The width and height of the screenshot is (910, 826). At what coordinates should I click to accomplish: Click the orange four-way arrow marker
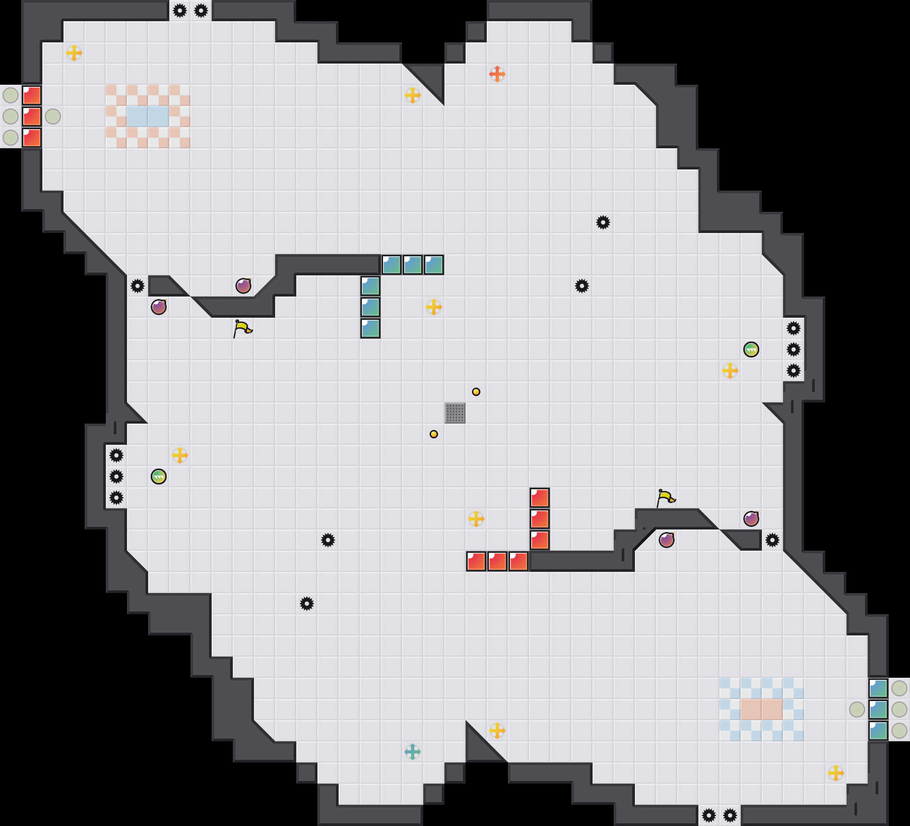coord(497,74)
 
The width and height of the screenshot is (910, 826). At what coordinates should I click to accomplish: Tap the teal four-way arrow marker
coord(413,751)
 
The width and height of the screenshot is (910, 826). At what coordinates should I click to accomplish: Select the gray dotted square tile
coord(455,413)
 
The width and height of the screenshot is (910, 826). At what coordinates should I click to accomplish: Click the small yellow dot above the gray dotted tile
coord(476,392)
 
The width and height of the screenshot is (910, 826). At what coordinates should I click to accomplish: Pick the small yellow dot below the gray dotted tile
coord(434,434)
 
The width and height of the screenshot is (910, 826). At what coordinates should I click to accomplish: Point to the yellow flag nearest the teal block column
coord(243,328)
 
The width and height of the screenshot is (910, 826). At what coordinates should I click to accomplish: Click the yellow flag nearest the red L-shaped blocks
coord(666,498)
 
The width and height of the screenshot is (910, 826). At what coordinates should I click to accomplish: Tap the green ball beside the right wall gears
coord(751,349)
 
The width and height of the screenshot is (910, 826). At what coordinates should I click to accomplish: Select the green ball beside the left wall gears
coord(159,477)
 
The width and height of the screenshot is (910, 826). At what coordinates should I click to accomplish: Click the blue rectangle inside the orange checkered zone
coord(148,116)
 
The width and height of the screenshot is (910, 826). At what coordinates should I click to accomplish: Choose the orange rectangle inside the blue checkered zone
coord(761,710)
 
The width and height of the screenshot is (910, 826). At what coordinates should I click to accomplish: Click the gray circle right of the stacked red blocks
coord(53,116)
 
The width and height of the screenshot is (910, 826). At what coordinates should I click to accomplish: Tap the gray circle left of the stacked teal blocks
coord(857,710)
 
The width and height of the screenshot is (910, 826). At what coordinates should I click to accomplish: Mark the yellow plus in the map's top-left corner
coord(74,53)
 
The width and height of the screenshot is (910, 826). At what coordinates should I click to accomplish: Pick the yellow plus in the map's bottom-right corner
coord(836,773)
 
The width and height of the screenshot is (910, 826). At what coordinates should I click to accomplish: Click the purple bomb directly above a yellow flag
coord(243,286)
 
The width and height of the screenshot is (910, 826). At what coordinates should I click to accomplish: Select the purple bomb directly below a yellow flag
coord(667,540)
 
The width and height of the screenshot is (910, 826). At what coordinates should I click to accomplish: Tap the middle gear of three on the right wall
coord(794,349)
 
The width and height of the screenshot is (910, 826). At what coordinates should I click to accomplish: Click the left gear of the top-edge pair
coord(180,11)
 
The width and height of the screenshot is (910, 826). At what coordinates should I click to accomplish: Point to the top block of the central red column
coord(540,498)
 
